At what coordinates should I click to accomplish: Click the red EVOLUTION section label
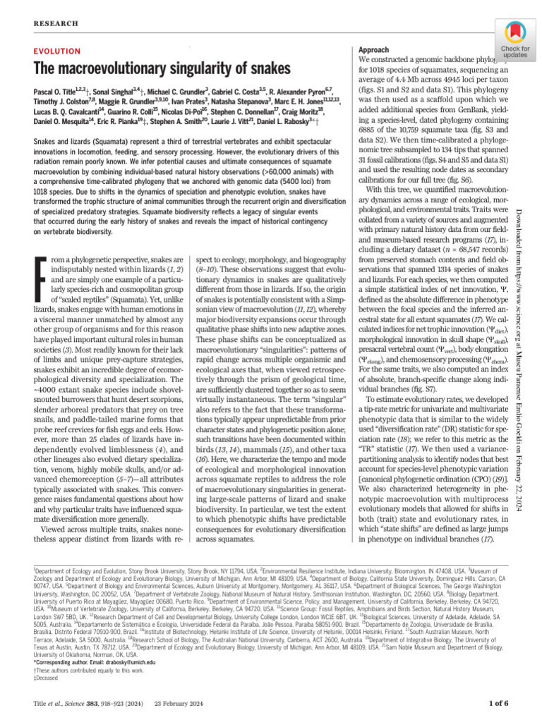coord(56,53)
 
